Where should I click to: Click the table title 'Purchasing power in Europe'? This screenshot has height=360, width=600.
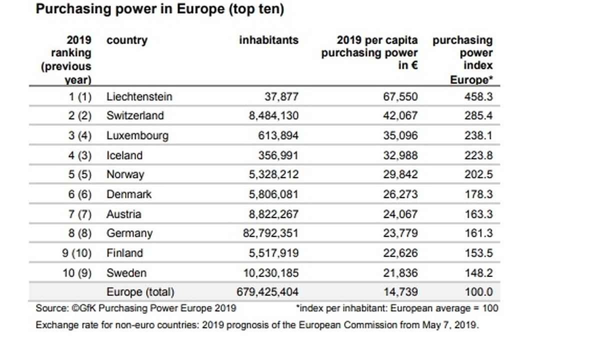pos(159,10)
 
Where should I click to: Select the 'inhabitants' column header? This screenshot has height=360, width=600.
pos(268,40)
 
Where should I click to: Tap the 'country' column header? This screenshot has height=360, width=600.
pos(127,40)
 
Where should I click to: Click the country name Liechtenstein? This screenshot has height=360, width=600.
pos(139,96)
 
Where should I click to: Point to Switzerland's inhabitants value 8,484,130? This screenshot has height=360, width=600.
pos(273,115)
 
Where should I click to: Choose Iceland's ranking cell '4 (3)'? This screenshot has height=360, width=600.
pos(80,155)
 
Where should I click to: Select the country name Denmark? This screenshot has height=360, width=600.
pos(129,194)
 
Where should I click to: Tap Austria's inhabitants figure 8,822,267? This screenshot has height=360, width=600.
pos(273,214)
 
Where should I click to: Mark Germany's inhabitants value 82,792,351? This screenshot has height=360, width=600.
pos(270,233)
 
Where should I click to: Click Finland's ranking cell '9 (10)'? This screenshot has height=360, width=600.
pos(77,253)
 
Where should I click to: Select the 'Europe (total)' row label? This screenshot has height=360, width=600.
pos(140,292)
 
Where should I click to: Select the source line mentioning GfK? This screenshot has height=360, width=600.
pos(136,308)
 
